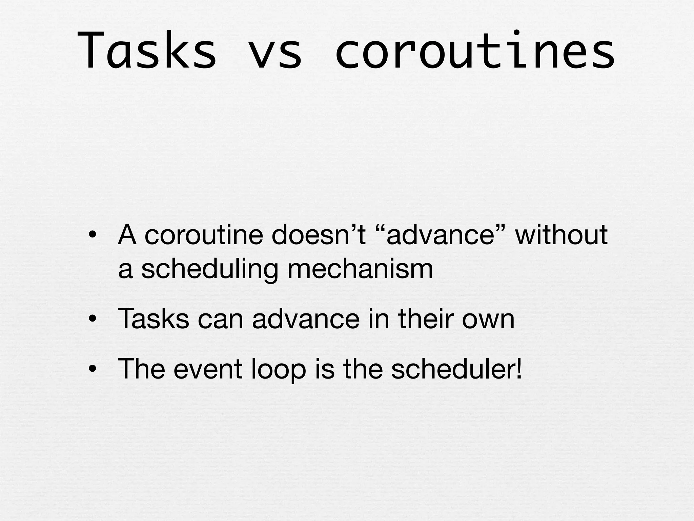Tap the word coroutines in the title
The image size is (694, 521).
474,51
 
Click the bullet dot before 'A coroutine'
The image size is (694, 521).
93,235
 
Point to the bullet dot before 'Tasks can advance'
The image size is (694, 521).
93,319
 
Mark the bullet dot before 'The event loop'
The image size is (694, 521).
93,369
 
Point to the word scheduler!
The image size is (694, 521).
456,369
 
